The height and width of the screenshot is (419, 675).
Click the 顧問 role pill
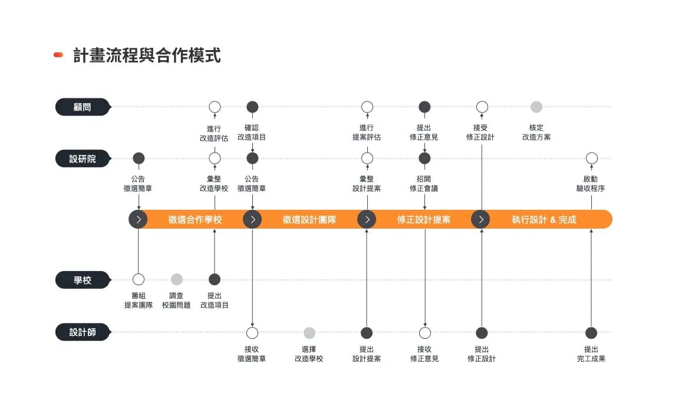coord(83,107)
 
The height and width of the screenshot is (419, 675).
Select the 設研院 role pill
coord(83,159)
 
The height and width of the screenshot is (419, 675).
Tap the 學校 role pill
coord(83,280)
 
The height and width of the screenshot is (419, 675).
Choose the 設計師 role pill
coord(83,332)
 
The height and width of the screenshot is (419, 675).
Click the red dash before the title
coord(58,55)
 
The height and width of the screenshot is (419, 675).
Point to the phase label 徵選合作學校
coord(195,220)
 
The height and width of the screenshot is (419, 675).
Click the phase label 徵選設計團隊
coord(309,220)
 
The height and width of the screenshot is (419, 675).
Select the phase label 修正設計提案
coord(424,220)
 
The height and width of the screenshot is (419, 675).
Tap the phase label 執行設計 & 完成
coord(544,220)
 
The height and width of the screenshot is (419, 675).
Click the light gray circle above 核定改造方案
coord(536,107)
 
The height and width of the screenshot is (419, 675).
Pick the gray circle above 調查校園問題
coord(176,279)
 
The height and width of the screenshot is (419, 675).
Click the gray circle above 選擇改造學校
coord(309,332)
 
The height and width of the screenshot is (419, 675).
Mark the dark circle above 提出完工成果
coord(591,332)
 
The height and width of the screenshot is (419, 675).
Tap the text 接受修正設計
coord(480,133)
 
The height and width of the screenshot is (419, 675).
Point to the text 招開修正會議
coord(424,184)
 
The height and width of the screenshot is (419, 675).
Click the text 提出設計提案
coord(366,354)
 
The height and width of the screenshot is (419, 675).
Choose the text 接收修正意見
coord(424,354)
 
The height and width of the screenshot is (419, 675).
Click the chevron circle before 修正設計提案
coord(367,219)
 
